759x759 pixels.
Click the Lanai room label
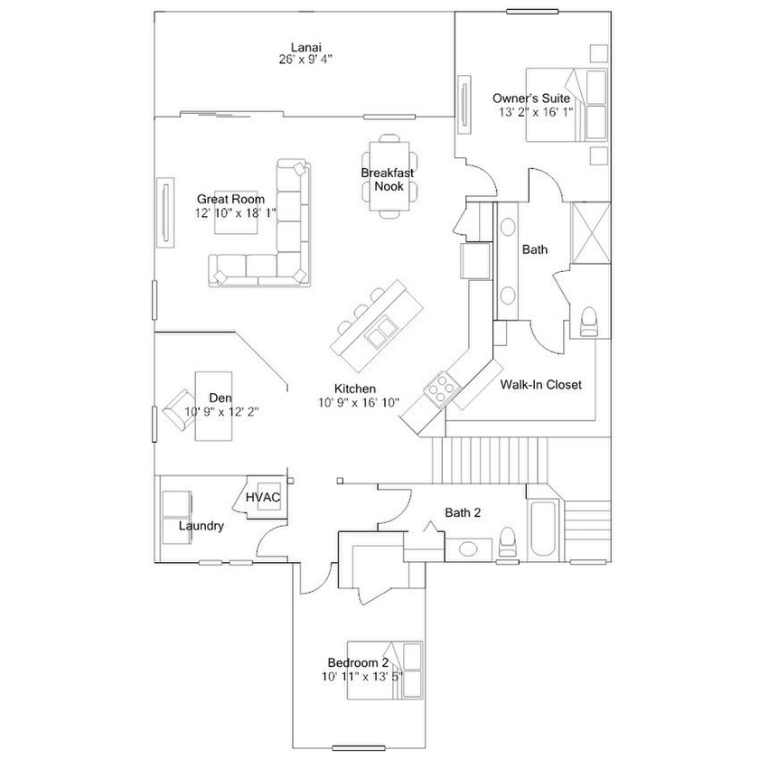point(305,47)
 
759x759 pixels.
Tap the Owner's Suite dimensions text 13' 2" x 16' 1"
point(536,112)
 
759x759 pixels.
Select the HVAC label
point(263,497)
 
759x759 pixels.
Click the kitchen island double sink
point(381,331)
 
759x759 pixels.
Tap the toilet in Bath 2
point(507,541)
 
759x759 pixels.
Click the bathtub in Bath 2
point(543,530)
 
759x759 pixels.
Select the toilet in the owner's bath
point(588,322)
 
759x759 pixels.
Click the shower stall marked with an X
point(591,233)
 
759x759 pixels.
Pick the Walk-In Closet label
point(540,384)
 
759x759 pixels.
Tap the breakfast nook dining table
point(389,176)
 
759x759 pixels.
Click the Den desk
point(213,406)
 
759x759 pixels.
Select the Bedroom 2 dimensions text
point(362,676)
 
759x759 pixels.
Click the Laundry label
point(201,526)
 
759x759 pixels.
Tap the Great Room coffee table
point(236,212)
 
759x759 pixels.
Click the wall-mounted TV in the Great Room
point(165,212)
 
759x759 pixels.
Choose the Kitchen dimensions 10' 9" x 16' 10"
point(358,402)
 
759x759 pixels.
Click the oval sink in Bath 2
point(468,549)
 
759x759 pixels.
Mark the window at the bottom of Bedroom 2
point(359,747)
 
